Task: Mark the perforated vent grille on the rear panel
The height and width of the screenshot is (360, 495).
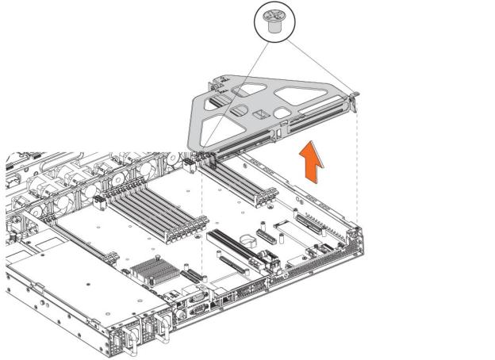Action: click(317, 270)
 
